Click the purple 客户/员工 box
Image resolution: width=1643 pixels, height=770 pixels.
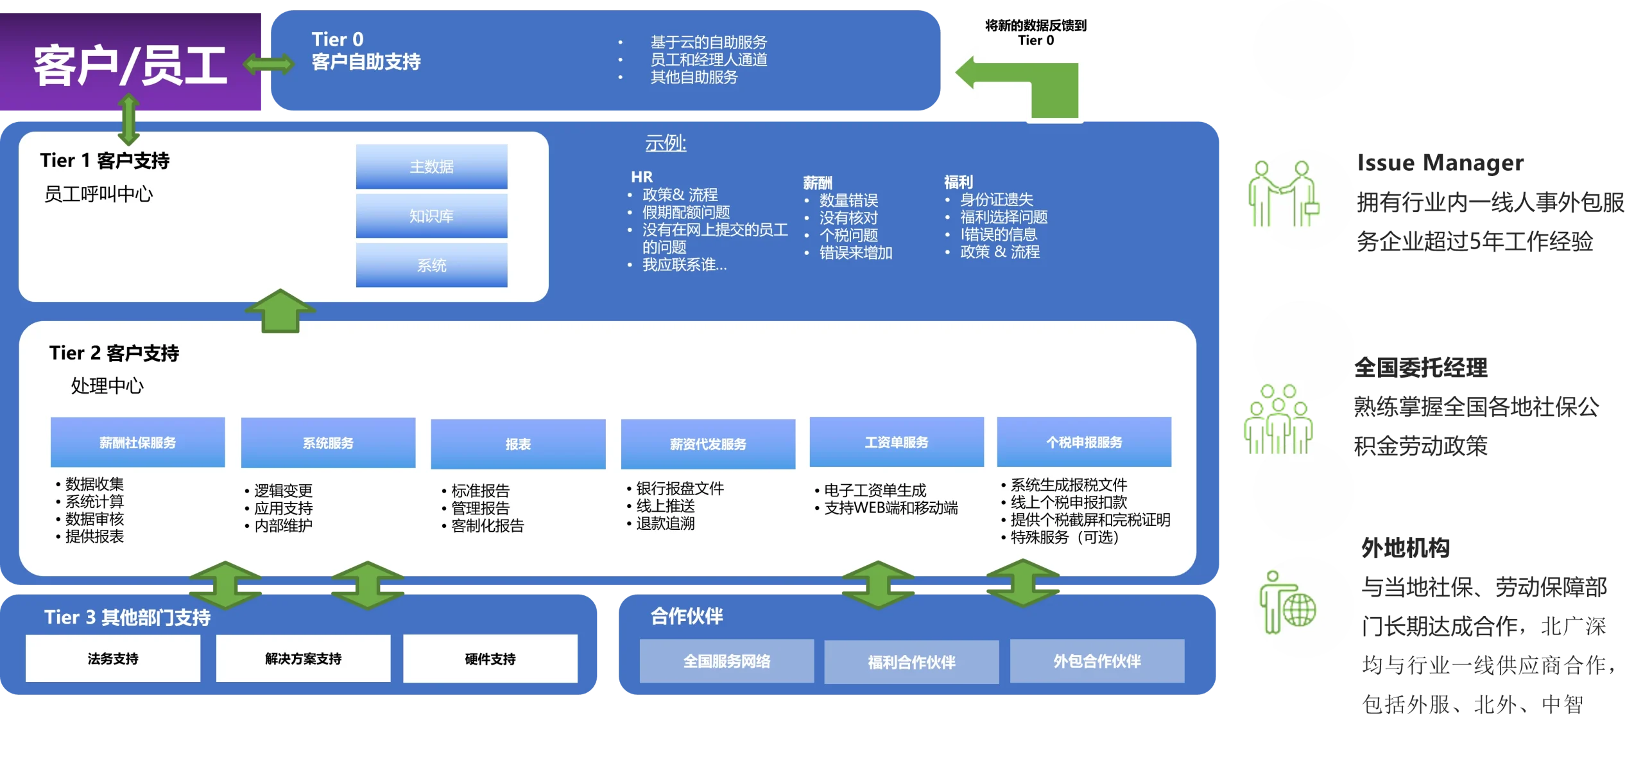tap(130, 62)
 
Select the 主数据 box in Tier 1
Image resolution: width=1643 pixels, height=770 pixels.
tap(431, 166)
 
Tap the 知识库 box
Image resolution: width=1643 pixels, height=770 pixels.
tap(431, 216)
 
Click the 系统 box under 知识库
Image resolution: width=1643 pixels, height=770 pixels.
tap(431, 265)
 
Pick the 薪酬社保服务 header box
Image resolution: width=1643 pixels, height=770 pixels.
tap(137, 442)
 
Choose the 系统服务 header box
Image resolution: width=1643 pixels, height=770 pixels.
tap(328, 443)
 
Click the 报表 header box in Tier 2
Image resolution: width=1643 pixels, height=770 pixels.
tap(518, 444)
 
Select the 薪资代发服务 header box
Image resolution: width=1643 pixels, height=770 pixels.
tap(708, 444)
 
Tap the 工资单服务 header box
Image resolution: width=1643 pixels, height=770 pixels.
tap(897, 442)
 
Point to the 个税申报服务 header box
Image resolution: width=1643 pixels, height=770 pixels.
tap(1084, 442)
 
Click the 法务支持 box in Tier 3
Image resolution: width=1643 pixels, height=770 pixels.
tap(113, 658)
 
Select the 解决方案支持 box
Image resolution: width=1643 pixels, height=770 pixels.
tap(303, 658)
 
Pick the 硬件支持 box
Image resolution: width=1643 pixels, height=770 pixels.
tap(490, 659)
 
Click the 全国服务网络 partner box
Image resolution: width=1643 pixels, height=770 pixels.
tap(727, 661)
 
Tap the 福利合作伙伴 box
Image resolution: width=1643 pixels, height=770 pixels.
tap(911, 661)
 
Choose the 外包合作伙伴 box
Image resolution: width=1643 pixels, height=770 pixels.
tap(1097, 661)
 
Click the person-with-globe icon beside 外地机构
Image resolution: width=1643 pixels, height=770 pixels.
tap(1287, 602)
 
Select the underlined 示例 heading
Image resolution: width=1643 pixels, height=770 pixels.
tap(666, 143)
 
